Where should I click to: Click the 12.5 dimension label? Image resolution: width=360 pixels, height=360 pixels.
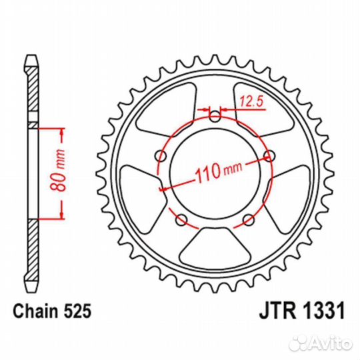(251, 101)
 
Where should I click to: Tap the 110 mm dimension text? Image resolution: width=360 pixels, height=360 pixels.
(219, 172)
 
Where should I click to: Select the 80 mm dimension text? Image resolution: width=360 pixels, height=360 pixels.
(57, 170)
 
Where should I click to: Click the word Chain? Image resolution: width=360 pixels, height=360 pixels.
(35, 311)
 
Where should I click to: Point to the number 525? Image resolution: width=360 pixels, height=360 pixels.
(77, 311)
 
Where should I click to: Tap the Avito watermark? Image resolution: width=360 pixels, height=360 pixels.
(321, 344)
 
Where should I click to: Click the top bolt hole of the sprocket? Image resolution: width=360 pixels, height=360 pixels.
(215, 117)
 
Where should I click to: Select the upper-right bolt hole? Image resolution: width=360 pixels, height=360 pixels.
(269, 157)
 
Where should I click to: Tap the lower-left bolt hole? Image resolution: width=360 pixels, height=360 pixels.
(181, 220)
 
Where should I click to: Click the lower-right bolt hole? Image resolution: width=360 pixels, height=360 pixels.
(249, 220)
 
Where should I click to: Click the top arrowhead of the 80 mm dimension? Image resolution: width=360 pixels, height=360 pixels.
(61, 131)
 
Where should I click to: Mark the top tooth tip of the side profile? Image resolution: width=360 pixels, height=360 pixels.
(31, 55)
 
